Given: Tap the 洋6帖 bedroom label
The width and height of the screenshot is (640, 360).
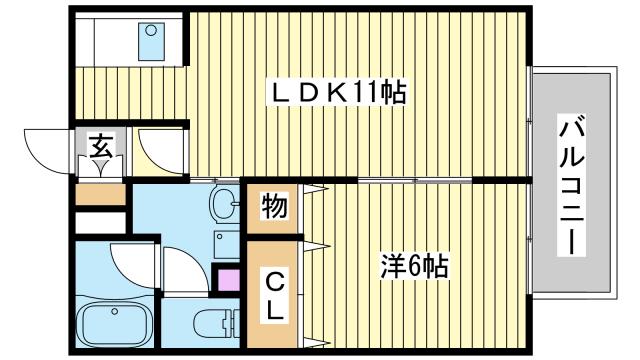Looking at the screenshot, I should pyautogui.click(x=412, y=266).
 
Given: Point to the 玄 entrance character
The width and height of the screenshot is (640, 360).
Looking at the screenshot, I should pyautogui.click(x=101, y=147).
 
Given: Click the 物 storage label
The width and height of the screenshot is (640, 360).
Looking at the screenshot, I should pyautogui.click(x=273, y=208).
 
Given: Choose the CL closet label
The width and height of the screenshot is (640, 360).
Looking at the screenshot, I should pyautogui.click(x=273, y=296).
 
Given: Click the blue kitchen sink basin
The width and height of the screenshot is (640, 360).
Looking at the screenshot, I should pyautogui.click(x=150, y=42).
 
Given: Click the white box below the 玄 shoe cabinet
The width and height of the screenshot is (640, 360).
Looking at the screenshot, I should pyautogui.click(x=100, y=220).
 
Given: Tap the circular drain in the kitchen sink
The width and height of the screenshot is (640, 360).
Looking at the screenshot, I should pyautogui.click(x=150, y=30).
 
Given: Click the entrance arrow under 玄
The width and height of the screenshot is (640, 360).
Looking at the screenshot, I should pyautogui.click(x=101, y=167).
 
